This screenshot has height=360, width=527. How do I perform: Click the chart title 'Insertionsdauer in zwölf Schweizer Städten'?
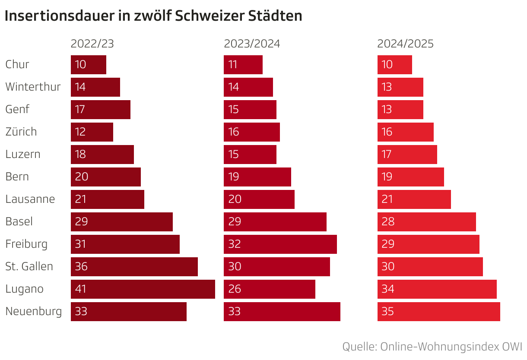[153, 16]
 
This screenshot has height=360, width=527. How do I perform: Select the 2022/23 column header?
[92, 44]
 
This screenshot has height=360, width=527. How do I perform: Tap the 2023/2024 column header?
[252, 44]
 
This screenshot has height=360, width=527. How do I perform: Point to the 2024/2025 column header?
[405, 44]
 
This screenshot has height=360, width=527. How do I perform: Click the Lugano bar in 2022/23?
[143, 289]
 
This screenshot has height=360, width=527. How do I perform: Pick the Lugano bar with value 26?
[270, 289]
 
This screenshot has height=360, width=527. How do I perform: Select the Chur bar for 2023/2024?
[243, 65]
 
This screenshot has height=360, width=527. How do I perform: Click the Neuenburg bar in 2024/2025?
[438, 312]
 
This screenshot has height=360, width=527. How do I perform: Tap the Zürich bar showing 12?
[92, 132]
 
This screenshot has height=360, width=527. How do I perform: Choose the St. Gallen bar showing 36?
[134, 267]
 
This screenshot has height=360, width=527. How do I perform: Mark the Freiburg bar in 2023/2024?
[280, 244]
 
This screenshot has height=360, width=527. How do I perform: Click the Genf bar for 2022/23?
[101, 110]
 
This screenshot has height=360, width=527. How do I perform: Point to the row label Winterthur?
[33, 87]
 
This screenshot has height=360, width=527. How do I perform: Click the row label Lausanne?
[30, 199]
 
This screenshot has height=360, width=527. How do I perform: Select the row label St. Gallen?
[29, 266]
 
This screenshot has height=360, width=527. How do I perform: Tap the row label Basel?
[19, 221]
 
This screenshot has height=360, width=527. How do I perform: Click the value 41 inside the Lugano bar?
[81, 289]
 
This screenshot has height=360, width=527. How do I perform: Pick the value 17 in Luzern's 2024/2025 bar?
[387, 154]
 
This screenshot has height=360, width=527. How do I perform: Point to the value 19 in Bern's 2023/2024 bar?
[234, 177]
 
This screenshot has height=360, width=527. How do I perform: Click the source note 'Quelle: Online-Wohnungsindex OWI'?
[432, 347]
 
